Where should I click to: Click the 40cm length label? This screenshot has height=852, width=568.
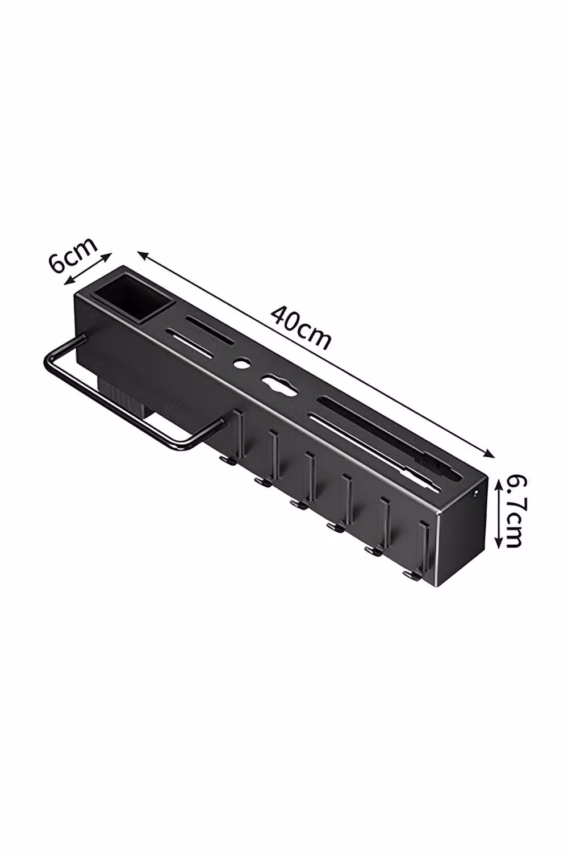[300, 328]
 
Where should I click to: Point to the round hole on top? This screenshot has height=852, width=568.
[240, 363]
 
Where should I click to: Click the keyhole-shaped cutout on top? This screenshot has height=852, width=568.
[279, 383]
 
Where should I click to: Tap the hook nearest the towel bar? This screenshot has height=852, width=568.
[232, 437]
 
